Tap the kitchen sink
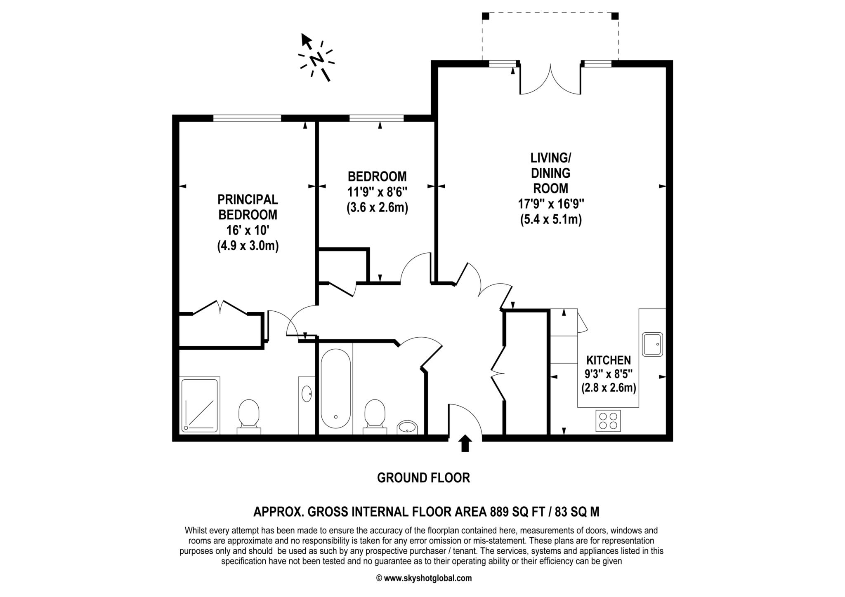tap(652, 344)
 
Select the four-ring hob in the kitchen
tap(608, 421)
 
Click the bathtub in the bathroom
tap(336, 388)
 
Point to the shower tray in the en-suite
tap(200, 405)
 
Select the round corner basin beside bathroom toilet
tap(407, 427)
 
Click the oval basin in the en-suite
tap(307, 393)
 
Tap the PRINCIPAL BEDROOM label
tap(248, 207)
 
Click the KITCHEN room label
tap(609, 360)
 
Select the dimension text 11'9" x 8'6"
tap(377, 192)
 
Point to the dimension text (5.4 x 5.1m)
tap(551, 219)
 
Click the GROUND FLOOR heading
tap(423, 478)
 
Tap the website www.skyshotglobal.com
tap(427, 578)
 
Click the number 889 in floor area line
tap(499, 512)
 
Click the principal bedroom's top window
tap(247, 118)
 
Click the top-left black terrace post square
tap(486, 16)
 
